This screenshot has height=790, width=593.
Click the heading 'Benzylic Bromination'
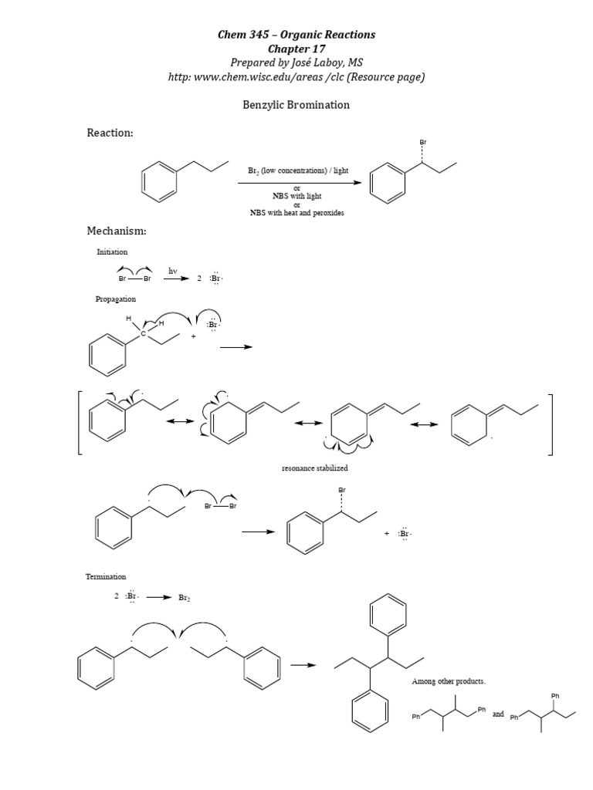pos(296,104)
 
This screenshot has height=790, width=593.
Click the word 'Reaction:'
pos(110,133)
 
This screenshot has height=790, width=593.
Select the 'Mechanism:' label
pos(117,231)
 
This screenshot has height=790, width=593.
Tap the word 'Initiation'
pos(112,252)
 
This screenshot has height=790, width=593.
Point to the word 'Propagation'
pos(116,299)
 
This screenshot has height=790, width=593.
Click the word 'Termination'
pos(106,576)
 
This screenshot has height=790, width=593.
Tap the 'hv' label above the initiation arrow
pos(173,271)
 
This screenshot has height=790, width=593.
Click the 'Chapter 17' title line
pos(296,49)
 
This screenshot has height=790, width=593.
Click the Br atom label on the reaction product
pos(422,143)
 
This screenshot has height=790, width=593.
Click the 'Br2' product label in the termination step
pos(184,597)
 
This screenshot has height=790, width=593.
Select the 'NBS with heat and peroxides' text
pos(297,213)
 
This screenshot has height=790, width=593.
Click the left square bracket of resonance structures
pos(80,424)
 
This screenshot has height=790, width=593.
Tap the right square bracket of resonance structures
pos(551,424)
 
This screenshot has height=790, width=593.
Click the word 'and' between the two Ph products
pos(498,714)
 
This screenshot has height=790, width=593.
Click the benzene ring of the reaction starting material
pos(160,180)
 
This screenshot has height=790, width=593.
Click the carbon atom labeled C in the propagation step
pos(142,333)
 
